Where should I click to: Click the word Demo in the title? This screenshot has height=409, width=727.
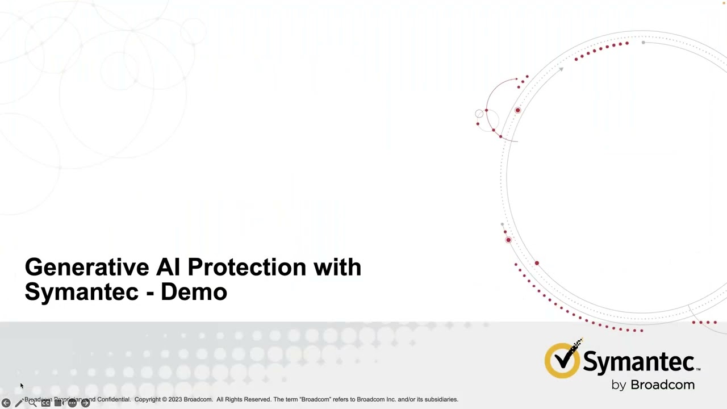click(x=194, y=292)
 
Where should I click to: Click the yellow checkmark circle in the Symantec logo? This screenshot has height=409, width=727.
click(x=562, y=361)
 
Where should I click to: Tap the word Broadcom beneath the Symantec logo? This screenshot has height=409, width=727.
click(x=662, y=385)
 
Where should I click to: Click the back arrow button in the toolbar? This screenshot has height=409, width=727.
click(x=6, y=403)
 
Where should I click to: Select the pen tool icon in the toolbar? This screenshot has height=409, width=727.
click(x=19, y=403)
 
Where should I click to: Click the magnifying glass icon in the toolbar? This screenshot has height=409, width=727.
click(x=32, y=403)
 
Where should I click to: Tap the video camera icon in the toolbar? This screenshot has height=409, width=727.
click(x=59, y=403)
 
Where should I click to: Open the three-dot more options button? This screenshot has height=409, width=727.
click(x=72, y=403)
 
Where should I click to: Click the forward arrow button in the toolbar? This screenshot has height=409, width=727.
click(x=85, y=403)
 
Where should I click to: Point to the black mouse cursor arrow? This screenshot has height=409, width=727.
click(x=22, y=386)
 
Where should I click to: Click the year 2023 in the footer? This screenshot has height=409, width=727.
click(x=175, y=399)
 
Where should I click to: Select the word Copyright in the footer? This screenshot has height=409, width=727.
click(x=148, y=399)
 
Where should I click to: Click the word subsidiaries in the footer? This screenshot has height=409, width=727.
click(x=438, y=399)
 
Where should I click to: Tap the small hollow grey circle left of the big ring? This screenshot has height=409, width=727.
click(x=479, y=114)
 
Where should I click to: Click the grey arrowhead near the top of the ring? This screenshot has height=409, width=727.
click(x=560, y=69)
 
